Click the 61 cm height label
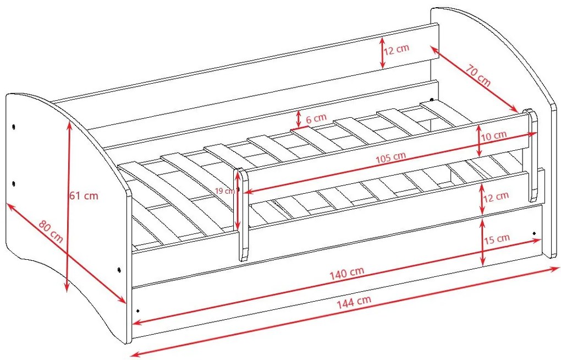click(x=84, y=195)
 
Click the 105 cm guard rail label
click(x=391, y=157)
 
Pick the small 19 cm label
click(x=225, y=191)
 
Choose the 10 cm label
click(x=494, y=136)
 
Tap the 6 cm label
click(x=316, y=118)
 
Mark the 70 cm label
click(x=478, y=74)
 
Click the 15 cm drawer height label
click(x=497, y=238)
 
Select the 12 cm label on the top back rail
click(x=397, y=49)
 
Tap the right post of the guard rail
click(x=532, y=156)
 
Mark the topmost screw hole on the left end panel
click(x=13, y=127)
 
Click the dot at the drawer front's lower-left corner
click(x=137, y=311)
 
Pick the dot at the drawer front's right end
click(x=534, y=233)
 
